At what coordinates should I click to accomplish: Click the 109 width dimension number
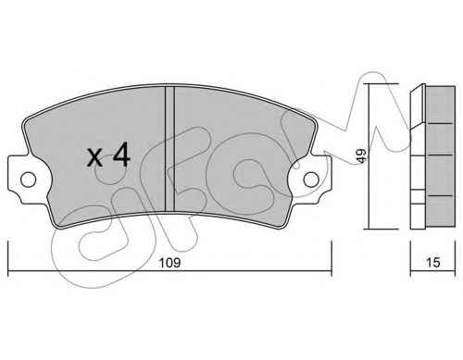[x=169, y=263]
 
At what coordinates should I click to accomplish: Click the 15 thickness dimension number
[x=432, y=263]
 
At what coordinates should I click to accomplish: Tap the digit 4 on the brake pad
[x=121, y=155]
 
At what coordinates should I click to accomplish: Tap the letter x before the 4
[x=94, y=157]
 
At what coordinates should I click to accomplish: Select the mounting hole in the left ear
[x=28, y=180]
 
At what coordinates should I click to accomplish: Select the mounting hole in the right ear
[x=311, y=180]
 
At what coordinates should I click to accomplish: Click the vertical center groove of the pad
[x=169, y=149]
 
